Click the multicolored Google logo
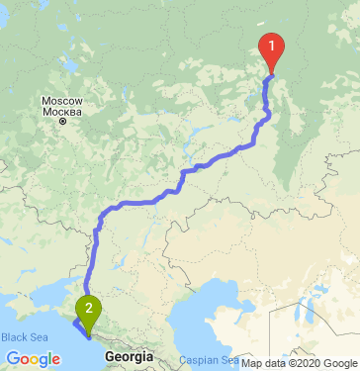(32, 358)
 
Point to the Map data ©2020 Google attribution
(300, 363)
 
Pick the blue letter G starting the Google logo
(12, 358)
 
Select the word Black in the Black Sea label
(14, 338)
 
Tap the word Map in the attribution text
(251, 363)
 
